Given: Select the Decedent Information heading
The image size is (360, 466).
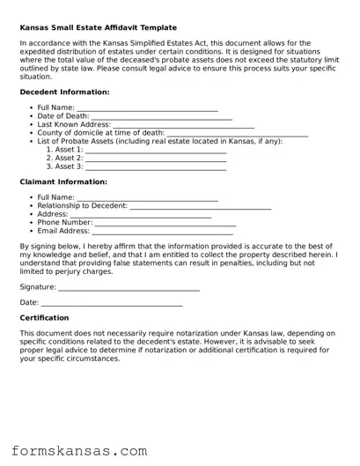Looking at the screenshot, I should [64, 92].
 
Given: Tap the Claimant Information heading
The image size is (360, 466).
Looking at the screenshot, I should [63, 181].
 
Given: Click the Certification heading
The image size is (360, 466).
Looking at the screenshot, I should [44, 318].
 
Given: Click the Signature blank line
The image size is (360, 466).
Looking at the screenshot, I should [129, 289].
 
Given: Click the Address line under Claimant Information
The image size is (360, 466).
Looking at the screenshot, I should [141, 216].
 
